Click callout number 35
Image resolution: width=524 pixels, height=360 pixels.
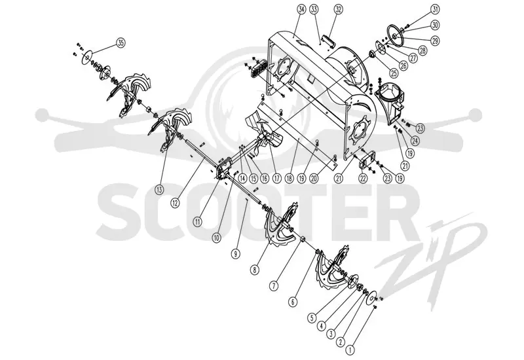(x=121, y=43)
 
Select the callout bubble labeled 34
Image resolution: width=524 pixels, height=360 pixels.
(x=301, y=10)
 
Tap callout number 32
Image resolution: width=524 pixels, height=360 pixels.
(x=338, y=10)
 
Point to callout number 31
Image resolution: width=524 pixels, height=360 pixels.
(x=435, y=10)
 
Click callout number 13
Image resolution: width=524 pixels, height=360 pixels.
(x=159, y=190)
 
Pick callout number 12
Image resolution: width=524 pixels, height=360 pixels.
(x=175, y=202)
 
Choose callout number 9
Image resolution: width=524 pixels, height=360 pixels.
(x=236, y=254)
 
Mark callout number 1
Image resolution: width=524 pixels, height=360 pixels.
(x=350, y=350)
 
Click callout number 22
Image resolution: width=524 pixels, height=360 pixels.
(x=363, y=178)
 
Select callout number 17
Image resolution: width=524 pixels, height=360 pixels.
(x=276, y=178)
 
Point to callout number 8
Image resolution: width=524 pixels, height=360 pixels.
(x=255, y=270)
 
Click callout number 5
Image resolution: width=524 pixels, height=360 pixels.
(x=312, y=317)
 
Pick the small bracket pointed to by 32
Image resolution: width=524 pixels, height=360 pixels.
(x=329, y=43)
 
